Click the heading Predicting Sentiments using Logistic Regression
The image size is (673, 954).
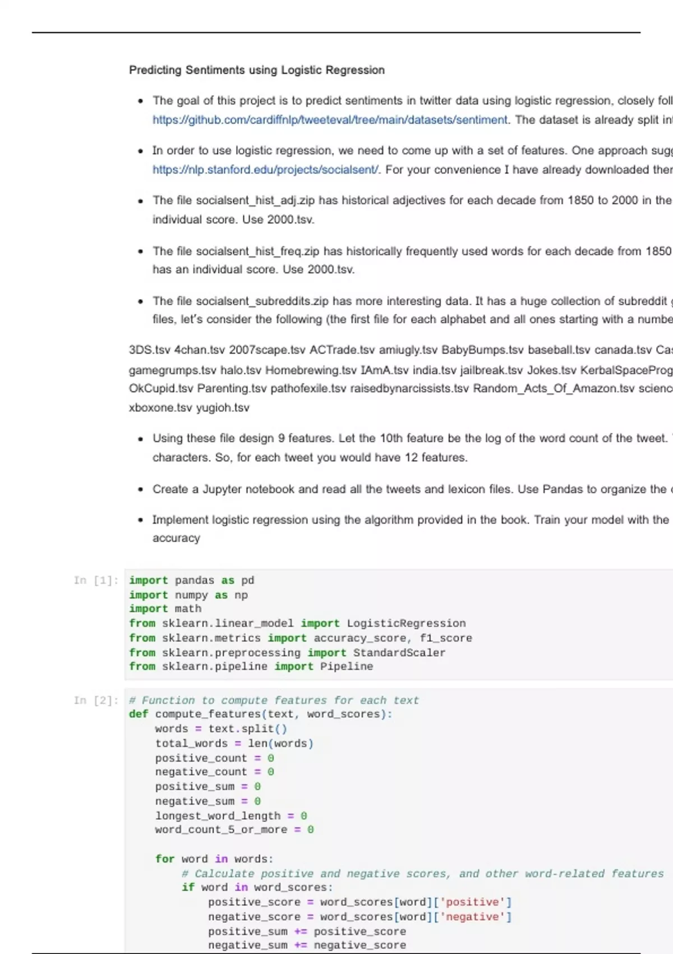[257, 70]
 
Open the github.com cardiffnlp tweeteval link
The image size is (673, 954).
[330, 120]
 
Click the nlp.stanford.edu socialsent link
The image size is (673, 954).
[265, 169]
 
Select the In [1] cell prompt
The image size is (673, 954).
[96, 580]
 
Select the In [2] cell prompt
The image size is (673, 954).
[96, 700]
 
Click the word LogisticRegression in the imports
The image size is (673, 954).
[406, 623]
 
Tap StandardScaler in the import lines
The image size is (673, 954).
[399, 653]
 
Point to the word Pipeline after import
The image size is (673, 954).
[347, 667]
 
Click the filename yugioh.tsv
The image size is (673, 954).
[223, 407]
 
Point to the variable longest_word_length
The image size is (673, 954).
[218, 816]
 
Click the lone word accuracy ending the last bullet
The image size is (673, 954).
[176, 538]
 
